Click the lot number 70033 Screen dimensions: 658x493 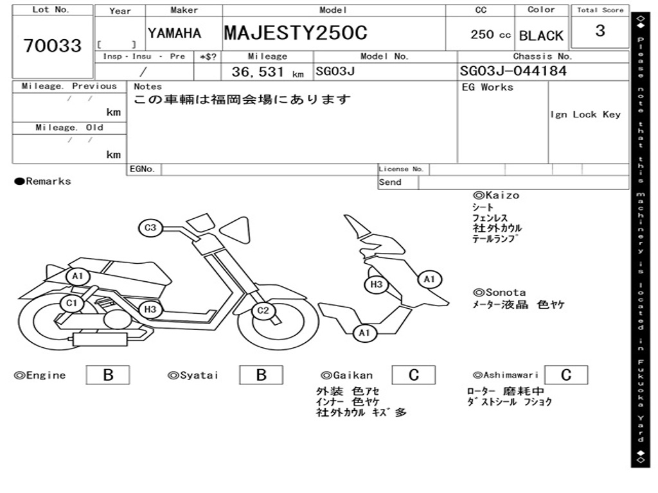coord(53,46)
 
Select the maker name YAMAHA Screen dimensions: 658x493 coord(175,33)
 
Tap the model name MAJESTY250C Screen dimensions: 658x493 coord(296,33)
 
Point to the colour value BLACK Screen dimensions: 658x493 coord(541,36)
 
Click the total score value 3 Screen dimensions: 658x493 coord(600,31)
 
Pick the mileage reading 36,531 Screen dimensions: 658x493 coord(258,72)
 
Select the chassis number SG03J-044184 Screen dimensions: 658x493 coord(513,71)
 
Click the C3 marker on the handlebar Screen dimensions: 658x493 coord(150,228)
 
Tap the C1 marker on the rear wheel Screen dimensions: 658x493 coord(72,303)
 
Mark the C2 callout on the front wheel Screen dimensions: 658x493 coord(263,311)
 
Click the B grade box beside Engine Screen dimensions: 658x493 coord(108,375)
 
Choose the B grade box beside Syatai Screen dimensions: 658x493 coord(261,375)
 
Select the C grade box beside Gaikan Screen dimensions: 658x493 coord(414,375)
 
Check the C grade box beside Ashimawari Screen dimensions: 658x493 coord(566,375)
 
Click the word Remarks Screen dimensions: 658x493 coord(48,181)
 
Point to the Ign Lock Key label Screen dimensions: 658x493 coord(585,114)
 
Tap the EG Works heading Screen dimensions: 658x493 coord(488,87)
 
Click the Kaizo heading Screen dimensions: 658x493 coord(502,195)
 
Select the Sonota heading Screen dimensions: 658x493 coord(506,292)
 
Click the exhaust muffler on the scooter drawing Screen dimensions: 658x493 coord(100,339)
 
